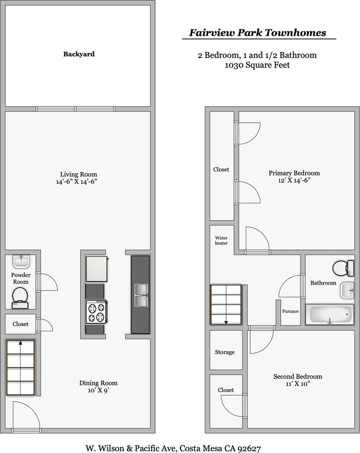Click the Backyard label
(79, 54)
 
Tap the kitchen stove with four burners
(97, 312)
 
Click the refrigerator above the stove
(97, 269)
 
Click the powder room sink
(21, 261)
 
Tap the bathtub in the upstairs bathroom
(331, 314)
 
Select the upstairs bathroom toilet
(343, 268)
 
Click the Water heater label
(221, 240)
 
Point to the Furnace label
(290, 311)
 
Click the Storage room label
(225, 352)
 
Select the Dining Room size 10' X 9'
(98, 391)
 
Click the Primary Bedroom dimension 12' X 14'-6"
(294, 180)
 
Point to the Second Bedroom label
(298, 377)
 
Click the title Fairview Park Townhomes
(258, 33)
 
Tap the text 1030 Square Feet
(257, 65)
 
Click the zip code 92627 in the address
(249, 448)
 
